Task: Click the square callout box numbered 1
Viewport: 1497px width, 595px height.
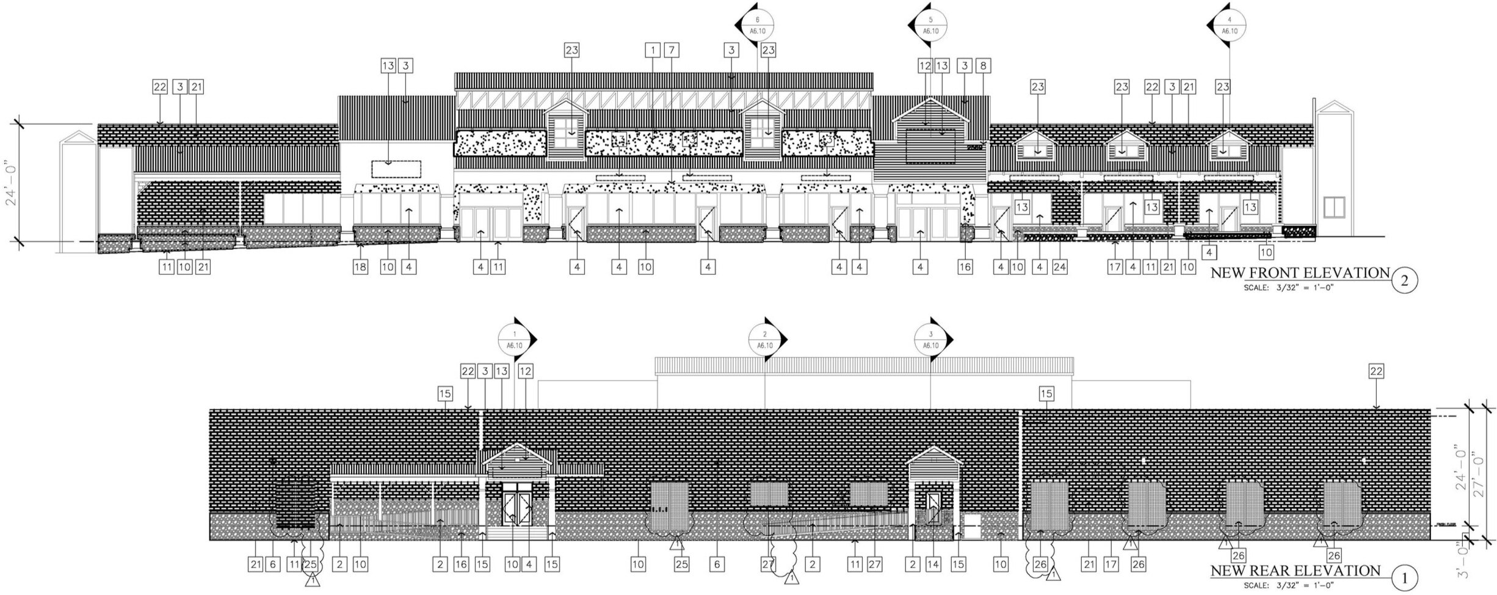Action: click(x=653, y=50)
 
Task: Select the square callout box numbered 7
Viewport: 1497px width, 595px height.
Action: click(x=672, y=50)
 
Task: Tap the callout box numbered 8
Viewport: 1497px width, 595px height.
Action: click(x=983, y=66)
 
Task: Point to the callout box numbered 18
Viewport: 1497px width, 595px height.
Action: click(x=360, y=266)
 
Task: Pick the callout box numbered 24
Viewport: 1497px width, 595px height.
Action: click(x=1059, y=266)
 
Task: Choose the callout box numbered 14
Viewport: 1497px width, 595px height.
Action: click(x=933, y=564)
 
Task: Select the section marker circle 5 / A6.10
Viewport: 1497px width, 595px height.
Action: click(x=930, y=27)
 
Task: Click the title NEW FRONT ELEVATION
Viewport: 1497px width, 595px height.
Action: click(x=1300, y=273)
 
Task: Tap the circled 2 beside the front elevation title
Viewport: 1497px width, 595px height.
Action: click(x=1404, y=281)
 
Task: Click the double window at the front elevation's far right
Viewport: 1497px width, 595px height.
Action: click(x=1334, y=207)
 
